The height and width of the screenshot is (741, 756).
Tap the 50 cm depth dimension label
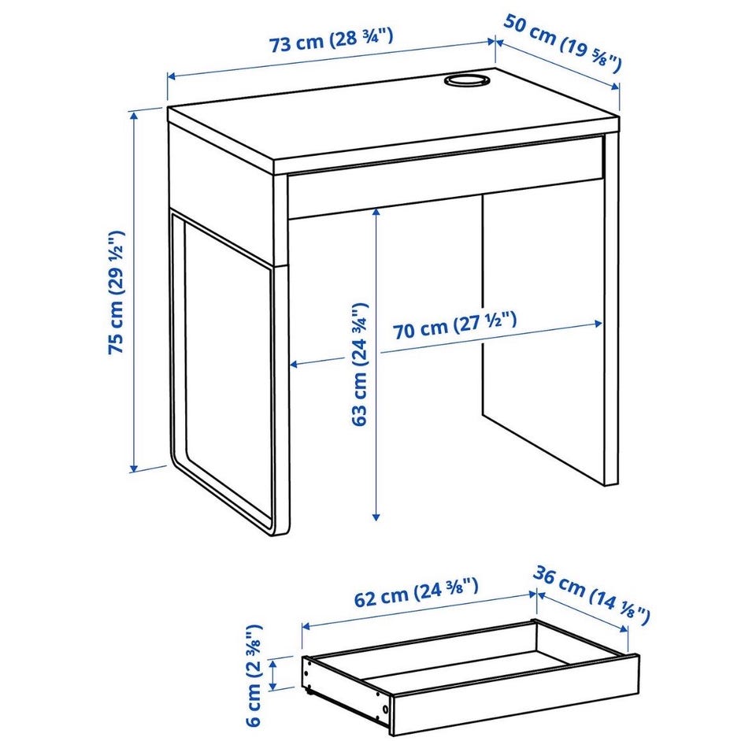point(562,43)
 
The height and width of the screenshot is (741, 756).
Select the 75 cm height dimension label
point(117,292)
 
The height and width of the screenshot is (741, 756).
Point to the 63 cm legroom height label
point(360,365)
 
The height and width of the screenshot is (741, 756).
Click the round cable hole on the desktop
point(466,80)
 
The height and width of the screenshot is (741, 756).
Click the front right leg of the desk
point(611,309)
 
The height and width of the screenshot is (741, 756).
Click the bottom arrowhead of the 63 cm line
point(376,517)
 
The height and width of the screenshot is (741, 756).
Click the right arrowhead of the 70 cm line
point(598,324)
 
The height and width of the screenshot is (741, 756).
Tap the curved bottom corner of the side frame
point(272,524)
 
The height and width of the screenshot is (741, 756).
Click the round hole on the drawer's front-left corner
point(386,709)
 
